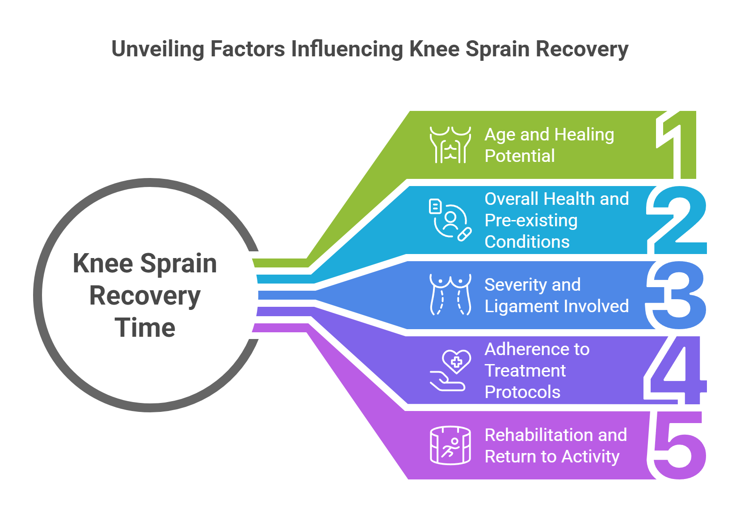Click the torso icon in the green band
450,144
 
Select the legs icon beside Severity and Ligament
450,295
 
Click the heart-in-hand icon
450,370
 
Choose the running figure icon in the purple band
450,445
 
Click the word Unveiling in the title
157,49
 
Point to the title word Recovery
582,49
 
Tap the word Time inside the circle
145,328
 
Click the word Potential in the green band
520,156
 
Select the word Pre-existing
531,220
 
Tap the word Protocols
522,392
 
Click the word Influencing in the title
347,49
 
